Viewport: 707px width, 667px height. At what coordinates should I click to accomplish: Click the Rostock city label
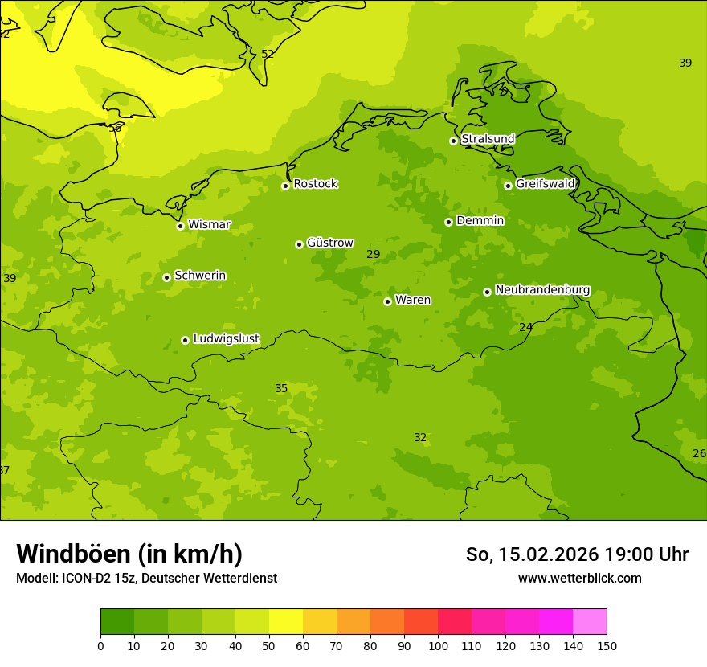click(x=315, y=184)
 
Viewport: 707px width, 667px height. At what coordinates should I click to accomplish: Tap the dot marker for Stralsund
click(x=453, y=141)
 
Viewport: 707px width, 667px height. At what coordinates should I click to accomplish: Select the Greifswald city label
click(x=545, y=184)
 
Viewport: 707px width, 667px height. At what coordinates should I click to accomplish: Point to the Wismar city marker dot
click(x=181, y=226)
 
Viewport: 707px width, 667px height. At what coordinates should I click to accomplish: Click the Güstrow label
click(x=329, y=243)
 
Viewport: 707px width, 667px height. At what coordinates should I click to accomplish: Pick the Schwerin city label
click(x=199, y=276)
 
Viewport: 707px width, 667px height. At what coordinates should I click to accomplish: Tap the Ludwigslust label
click(x=226, y=339)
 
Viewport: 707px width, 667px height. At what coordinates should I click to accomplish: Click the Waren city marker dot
click(x=387, y=301)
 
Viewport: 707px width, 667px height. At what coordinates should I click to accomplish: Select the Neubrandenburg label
click(x=542, y=290)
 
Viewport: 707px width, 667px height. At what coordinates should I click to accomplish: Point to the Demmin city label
click(x=480, y=221)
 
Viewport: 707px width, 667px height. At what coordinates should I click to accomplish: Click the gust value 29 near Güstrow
click(x=374, y=255)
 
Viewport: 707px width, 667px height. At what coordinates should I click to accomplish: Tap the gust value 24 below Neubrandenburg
click(x=525, y=327)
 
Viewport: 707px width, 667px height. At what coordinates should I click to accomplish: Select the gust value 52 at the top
click(x=268, y=54)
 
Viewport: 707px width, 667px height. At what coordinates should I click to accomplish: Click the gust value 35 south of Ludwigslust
click(x=281, y=389)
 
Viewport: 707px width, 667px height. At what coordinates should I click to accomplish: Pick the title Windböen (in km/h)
click(x=129, y=554)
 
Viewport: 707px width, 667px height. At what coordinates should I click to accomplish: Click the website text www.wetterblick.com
click(x=579, y=578)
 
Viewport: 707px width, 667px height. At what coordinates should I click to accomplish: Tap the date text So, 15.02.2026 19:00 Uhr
click(x=577, y=554)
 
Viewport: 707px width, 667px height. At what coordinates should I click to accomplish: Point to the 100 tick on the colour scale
click(x=438, y=645)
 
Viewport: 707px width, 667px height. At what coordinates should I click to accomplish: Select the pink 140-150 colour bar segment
click(x=590, y=622)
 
